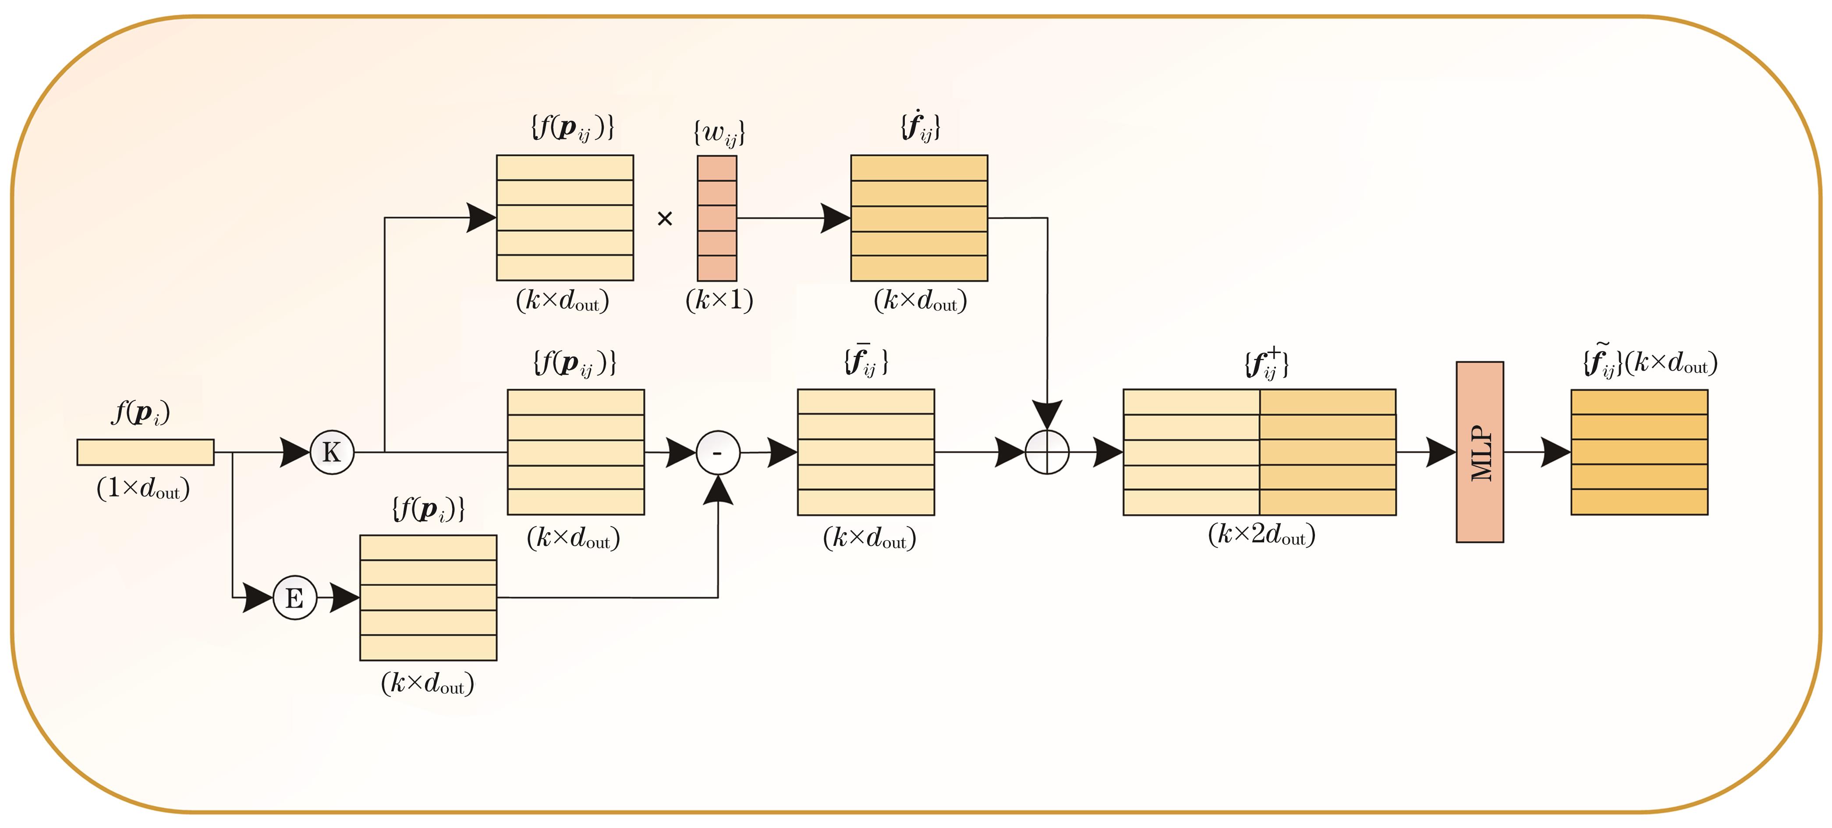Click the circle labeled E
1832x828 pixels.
point(294,598)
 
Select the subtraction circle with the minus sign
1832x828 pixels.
point(718,452)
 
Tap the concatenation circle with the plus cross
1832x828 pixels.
point(1047,452)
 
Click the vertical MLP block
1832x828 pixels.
point(1479,452)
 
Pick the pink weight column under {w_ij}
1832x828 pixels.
point(717,218)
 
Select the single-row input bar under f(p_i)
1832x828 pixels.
point(145,452)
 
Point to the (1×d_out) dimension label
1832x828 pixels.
point(143,488)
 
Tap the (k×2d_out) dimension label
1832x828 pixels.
point(1261,534)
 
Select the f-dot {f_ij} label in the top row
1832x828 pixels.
point(920,127)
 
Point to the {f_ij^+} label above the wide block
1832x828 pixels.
point(1266,363)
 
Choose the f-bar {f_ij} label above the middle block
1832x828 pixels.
point(865,361)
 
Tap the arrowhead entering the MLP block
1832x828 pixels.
point(1441,452)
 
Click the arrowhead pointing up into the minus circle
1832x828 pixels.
point(718,491)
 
